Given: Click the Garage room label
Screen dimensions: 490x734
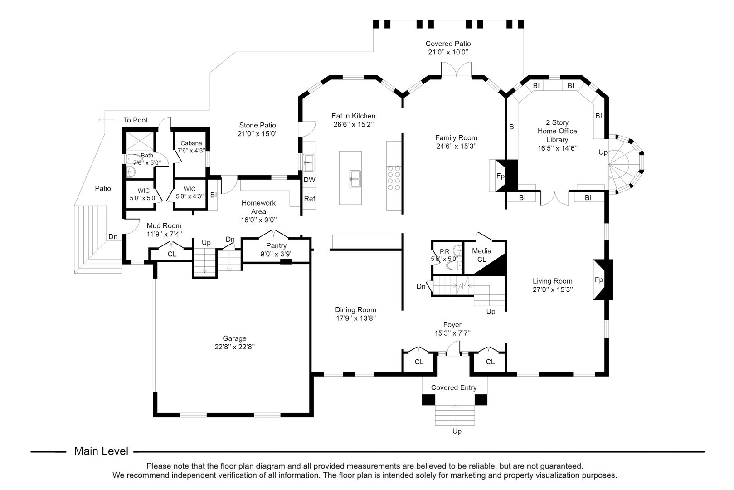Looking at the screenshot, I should pyautogui.click(x=234, y=338).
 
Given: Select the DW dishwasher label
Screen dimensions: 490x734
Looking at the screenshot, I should pyautogui.click(x=309, y=180).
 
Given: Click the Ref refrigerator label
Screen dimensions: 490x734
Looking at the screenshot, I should pyautogui.click(x=309, y=199).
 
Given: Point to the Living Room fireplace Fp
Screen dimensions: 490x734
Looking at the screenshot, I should pyautogui.click(x=599, y=280).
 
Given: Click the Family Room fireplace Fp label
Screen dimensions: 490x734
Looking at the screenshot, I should pyautogui.click(x=501, y=176).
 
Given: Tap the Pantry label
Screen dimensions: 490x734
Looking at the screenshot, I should pyautogui.click(x=276, y=245).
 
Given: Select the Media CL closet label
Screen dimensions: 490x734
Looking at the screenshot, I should pyautogui.click(x=481, y=255).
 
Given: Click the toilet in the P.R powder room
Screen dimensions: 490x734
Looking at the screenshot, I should pyautogui.click(x=457, y=265).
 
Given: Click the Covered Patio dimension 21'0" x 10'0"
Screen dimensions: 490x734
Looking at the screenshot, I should pyautogui.click(x=447, y=52).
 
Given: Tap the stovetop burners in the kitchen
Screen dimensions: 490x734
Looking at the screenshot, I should pyautogui.click(x=394, y=178).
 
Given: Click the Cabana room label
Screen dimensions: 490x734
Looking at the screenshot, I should pyautogui.click(x=191, y=143).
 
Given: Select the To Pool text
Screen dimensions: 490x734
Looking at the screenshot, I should pyautogui.click(x=135, y=120).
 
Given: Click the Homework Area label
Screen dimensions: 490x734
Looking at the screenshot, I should pyautogui.click(x=258, y=207).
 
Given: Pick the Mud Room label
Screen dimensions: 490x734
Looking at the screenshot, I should pyautogui.click(x=164, y=225).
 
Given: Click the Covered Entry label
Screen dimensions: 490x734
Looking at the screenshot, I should pyautogui.click(x=453, y=387).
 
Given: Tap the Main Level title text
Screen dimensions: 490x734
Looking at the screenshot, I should pyautogui.click(x=101, y=451).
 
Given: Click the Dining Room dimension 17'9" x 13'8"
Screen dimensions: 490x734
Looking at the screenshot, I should pyautogui.click(x=355, y=318).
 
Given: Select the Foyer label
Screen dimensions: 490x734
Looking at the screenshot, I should pyautogui.click(x=452, y=325).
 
